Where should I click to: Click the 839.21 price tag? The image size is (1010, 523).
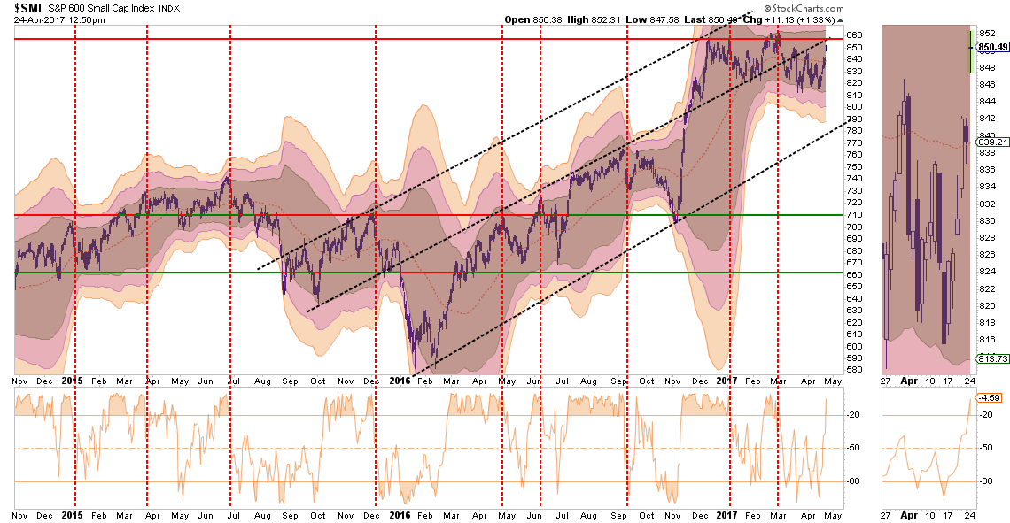click(x=990, y=142)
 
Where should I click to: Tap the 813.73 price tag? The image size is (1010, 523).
click(x=990, y=358)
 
